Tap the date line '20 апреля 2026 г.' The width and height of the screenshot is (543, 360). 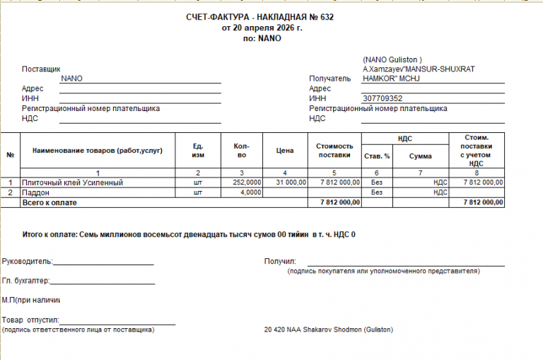coord(262,28)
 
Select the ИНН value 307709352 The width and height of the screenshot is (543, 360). coord(382,99)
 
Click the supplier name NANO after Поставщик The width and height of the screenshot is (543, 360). coord(72,79)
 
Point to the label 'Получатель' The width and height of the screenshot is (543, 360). coord(329,79)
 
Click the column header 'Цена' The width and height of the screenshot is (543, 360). coord(285,151)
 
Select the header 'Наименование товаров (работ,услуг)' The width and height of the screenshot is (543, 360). coord(97,151)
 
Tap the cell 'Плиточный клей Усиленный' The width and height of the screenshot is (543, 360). coord(73,182)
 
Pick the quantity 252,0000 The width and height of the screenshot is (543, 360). coord(247,182)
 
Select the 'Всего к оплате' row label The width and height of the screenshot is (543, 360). coord(49,202)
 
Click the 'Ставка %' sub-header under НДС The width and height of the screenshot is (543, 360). coord(377,156)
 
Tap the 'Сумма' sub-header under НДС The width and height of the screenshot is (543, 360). coord(421,156)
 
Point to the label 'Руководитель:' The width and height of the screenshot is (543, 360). coord(28,262)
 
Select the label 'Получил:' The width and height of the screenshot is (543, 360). coord(280,262)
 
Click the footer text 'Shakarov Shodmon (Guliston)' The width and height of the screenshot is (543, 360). coord(346,330)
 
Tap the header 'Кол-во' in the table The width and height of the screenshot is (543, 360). coord(241,151)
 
